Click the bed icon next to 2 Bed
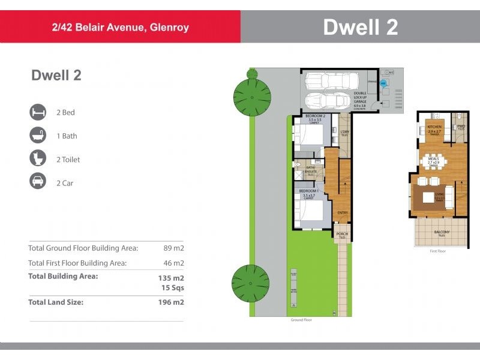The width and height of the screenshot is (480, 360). tap(38, 112)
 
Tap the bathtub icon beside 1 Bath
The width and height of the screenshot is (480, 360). tap(38, 136)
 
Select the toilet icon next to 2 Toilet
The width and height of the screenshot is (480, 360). tap(38, 159)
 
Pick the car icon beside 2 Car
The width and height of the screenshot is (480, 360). tap(38, 182)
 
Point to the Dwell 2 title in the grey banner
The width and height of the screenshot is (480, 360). tap(360, 27)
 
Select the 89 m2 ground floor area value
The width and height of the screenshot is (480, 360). tap(173, 248)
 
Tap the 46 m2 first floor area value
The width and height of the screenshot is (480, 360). tap(173, 263)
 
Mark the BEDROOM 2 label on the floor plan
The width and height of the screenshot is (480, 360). tap(315, 115)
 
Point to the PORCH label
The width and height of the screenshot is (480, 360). tap(342, 234)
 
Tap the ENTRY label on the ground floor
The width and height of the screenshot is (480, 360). tap(342, 212)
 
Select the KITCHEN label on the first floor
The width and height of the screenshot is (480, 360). tap(434, 127)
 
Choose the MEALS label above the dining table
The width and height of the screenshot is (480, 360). tap(433, 158)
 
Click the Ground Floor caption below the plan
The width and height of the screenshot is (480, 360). tap(301, 320)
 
